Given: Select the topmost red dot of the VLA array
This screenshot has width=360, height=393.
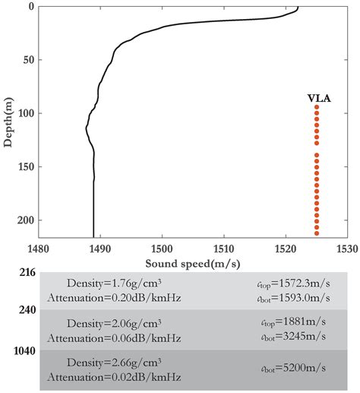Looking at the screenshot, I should tap(317, 108).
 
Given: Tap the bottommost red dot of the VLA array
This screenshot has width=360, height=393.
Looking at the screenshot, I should tap(317, 233).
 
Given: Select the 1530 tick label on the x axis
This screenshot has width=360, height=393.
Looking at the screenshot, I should tap(346, 249).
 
